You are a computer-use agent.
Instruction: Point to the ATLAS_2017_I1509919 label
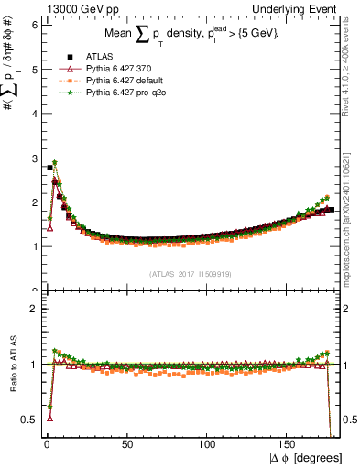190,274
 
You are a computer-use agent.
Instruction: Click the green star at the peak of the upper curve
55,162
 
